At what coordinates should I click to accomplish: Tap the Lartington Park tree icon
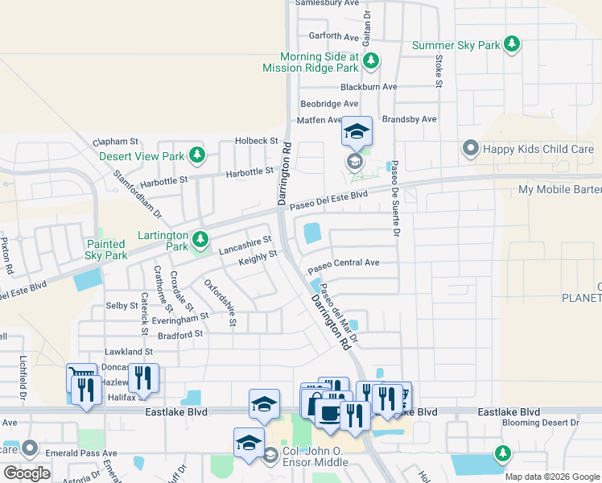(200, 238)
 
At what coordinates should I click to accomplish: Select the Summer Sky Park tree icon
(511, 43)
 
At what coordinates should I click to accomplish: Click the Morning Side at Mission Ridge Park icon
(371, 60)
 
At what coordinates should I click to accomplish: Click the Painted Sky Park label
(106, 250)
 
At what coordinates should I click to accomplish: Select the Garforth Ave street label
(334, 37)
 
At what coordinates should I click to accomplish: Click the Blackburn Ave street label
(369, 87)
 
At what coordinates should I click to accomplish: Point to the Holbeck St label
(256, 141)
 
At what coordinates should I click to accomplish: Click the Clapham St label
(116, 142)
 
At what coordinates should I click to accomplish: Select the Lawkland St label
(129, 352)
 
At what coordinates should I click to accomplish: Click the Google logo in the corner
(27, 473)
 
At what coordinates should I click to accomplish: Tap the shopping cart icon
(80, 375)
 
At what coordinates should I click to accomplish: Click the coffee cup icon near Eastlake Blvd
(328, 411)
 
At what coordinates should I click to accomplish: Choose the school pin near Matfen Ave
(357, 131)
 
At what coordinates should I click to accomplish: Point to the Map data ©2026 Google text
(551, 477)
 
